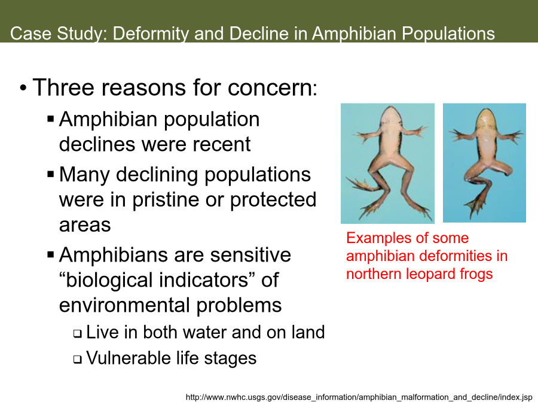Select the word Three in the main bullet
63,87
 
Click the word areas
85,226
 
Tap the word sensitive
250,255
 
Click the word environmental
125,305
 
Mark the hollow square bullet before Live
78,333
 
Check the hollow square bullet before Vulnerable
78,359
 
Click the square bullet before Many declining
51,174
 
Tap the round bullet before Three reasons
23,88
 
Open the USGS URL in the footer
359,397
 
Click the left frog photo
387,163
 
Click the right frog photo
484,163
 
